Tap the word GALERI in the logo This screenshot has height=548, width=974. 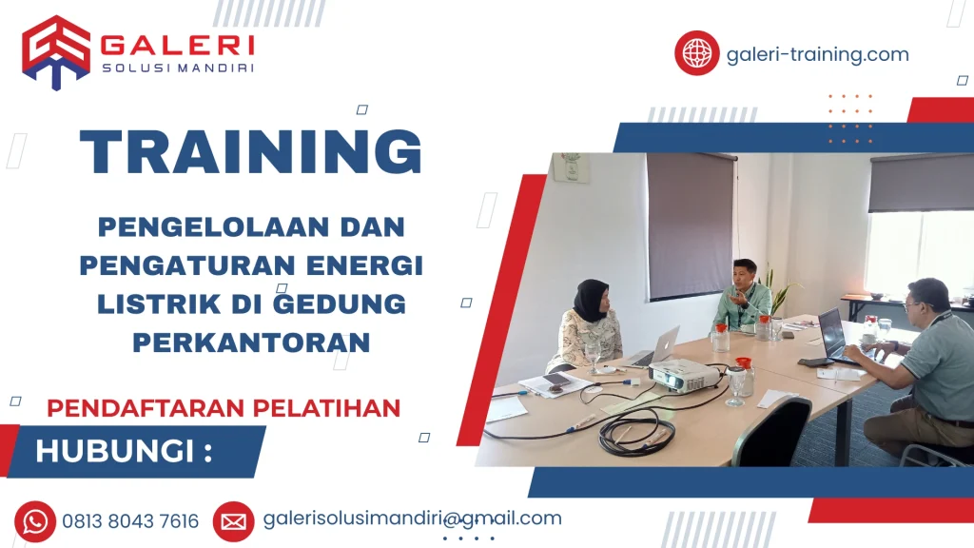tap(177, 46)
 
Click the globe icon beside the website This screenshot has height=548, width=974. tap(696, 53)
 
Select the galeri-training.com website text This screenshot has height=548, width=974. tap(817, 54)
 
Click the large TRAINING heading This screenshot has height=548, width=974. tap(251, 151)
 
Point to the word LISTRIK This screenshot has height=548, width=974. tap(153, 303)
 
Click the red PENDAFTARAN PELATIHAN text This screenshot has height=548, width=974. tap(224, 407)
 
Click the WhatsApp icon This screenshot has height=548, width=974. tap(35, 521)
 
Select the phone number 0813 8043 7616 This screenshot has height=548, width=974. tap(130, 521)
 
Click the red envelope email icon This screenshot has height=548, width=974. tap(233, 521)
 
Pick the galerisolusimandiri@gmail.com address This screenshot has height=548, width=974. tap(412, 519)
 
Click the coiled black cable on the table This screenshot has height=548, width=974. tap(636, 434)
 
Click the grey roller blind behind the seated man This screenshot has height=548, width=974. tap(690, 224)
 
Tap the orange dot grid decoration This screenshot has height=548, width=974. tap(849, 119)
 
